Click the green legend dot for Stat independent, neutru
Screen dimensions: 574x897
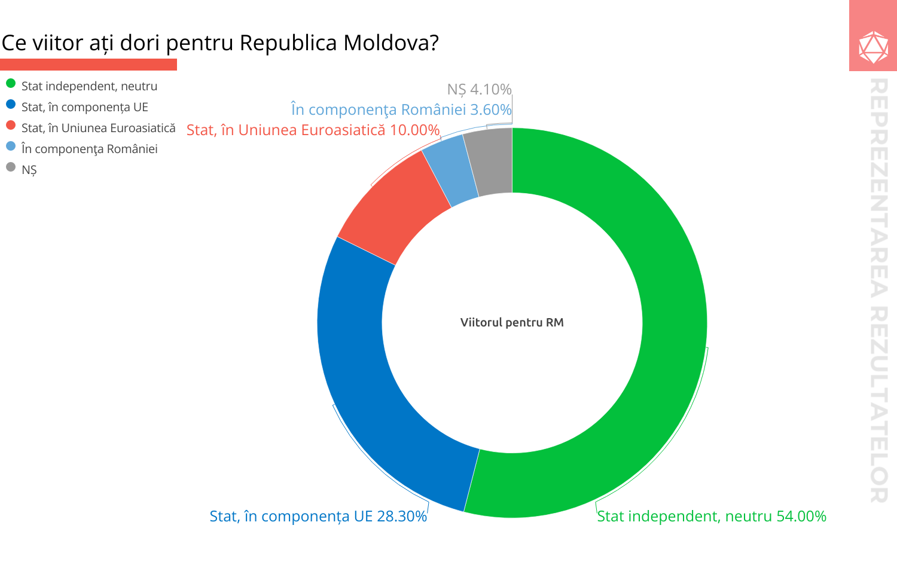point(11,84)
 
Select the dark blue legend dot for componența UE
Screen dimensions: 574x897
point(11,105)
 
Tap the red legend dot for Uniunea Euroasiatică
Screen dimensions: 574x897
point(11,126)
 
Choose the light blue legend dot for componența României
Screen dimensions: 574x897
point(11,146)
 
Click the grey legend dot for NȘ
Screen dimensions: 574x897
point(11,167)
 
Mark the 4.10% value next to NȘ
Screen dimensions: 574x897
point(491,90)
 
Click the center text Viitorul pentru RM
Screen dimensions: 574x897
point(512,323)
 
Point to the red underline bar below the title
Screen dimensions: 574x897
point(89,65)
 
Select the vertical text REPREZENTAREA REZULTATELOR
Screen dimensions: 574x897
point(878,290)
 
